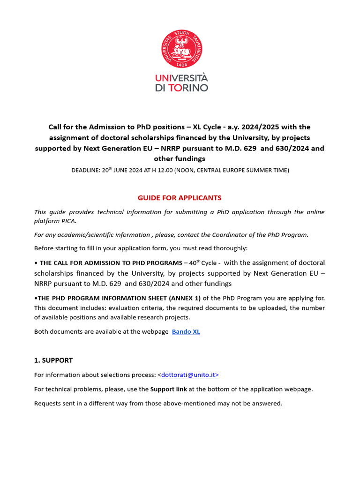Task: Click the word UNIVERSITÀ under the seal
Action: point(181,78)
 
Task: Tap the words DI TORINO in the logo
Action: point(181,88)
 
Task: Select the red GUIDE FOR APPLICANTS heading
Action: point(180,198)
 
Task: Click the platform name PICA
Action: point(67,221)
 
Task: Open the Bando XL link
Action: point(186,332)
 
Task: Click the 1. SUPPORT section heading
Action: point(53,360)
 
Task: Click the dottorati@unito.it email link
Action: point(188,375)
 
